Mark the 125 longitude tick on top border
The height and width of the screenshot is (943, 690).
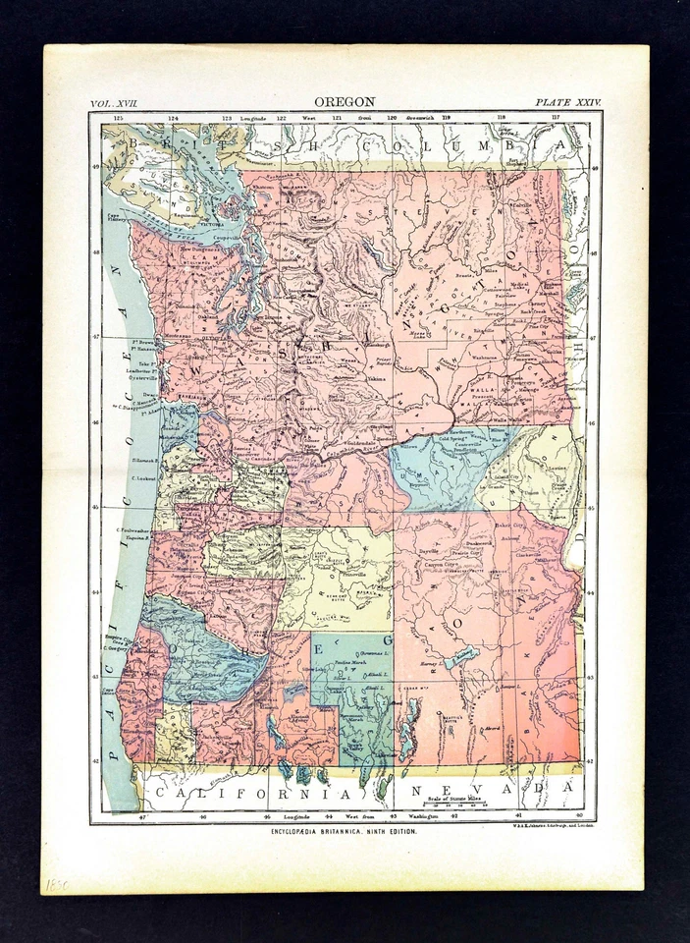pos(118,118)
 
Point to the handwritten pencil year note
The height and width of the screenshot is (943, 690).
pos(56,884)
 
